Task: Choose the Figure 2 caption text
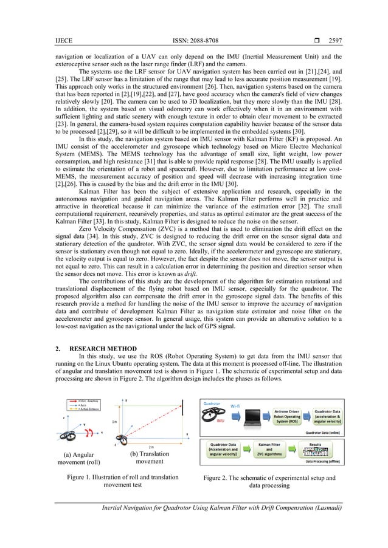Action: pyautogui.click(x=270, y=481)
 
